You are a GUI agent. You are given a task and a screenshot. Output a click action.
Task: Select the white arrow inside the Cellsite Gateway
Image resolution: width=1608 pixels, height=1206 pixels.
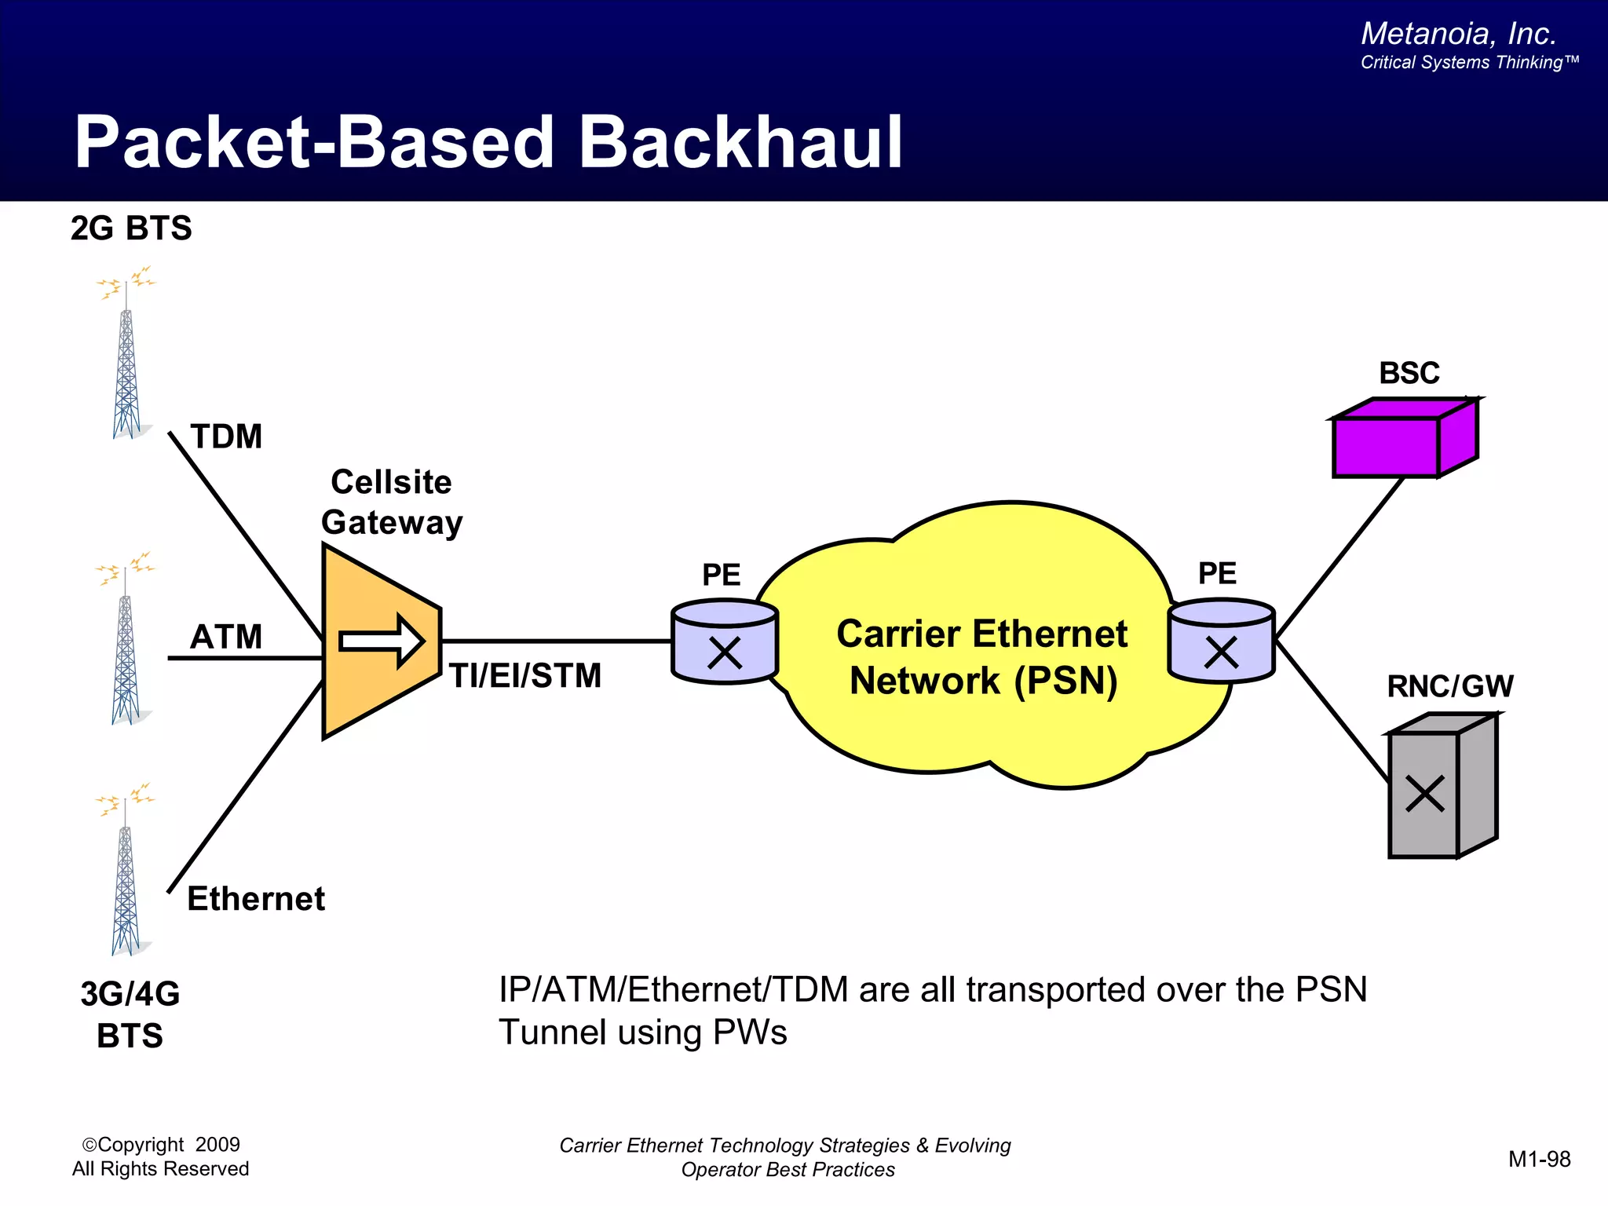(x=382, y=641)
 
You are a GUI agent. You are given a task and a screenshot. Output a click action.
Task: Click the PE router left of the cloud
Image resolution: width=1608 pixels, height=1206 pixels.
(x=724, y=642)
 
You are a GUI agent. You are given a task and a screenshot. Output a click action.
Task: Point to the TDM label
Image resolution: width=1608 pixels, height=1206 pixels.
(x=226, y=437)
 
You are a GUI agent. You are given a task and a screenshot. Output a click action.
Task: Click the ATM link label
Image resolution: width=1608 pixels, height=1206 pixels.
(x=226, y=637)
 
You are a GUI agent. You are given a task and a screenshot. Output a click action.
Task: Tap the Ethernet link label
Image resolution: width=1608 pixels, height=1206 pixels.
(x=256, y=899)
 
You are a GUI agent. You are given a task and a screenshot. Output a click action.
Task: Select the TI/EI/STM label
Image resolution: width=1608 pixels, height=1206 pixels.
(x=524, y=676)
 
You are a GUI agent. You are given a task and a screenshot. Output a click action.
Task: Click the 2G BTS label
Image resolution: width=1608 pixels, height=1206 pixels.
(x=131, y=228)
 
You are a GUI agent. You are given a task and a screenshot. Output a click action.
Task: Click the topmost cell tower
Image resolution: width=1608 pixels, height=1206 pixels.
(x=126, y=357)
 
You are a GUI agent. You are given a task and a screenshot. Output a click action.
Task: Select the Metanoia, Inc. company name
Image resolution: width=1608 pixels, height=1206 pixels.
(x=1458, y=34)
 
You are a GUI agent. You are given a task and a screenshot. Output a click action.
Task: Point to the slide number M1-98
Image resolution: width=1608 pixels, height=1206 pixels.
(x=1539, y=1160)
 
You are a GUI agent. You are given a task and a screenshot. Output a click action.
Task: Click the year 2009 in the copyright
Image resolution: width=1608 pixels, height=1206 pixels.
(x=217, y=1145)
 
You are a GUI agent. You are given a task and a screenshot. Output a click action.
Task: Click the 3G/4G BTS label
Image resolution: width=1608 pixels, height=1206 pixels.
(x=130, y=1014)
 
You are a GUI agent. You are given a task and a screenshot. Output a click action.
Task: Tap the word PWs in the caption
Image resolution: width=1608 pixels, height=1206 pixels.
(x=750, y=1032)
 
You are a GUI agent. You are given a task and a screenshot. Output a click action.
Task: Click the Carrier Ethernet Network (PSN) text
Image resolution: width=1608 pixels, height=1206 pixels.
(x=982, y=657)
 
